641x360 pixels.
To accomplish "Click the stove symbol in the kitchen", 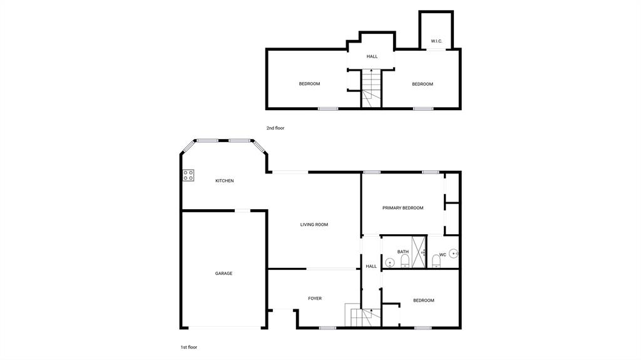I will pos(188,175).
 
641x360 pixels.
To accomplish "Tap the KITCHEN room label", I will pos(225,181).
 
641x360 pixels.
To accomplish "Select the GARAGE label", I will pos(223,274).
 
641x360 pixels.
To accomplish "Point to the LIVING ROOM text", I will pos(314,225).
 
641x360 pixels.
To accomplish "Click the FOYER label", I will pos(315,299).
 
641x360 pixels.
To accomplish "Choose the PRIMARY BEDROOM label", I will pos(403,208).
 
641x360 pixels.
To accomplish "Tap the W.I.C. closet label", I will pos(436,41).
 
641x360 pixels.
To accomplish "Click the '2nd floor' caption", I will pos(275,128).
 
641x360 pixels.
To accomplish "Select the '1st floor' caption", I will pos(188,347).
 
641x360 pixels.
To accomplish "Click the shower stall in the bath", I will pos(419,252).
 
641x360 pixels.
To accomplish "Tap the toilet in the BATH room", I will pos(404,261).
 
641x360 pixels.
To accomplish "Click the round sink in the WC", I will pos(454,254).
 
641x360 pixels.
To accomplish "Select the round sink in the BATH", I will pos(389,262).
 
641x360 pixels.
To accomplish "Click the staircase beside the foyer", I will pos(361,317).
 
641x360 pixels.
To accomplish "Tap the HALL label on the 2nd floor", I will pos(372,56).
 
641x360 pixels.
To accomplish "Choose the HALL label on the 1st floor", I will pos(371,266).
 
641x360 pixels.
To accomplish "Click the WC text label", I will pos(443,255).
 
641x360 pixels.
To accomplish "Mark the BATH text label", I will pos(403,252).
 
